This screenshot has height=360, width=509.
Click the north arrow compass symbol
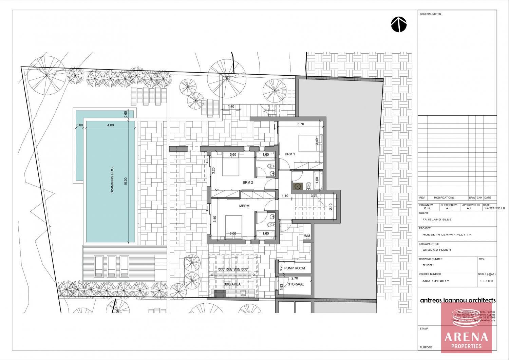click(x=399, y=25)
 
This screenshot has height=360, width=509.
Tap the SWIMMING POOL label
click(x=112, y=179)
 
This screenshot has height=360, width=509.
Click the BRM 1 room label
click(x=290, y=154)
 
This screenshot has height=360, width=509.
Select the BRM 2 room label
click(x=248, y=182)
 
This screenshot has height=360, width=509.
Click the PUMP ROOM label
click(x=295, y=268)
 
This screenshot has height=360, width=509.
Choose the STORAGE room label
click(x=296, y=284)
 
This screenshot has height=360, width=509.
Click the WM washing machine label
click(x=307, y=236)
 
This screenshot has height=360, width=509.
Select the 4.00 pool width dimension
click(x=110, y=125)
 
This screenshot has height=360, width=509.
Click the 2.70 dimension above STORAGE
click(x=295, y=279)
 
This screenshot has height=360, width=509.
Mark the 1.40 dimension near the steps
click(x=231, y=107)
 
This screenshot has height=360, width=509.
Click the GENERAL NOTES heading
click(x=430, y=14)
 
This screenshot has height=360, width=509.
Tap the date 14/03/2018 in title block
click(x=495, y=208)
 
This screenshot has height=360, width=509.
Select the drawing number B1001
click(x=427, y=266)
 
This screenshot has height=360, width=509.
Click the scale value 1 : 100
click(x=486, y=281)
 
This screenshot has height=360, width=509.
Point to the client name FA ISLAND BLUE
click(x=437, y=220)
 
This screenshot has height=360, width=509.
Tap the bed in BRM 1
click(x=308, y=143)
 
